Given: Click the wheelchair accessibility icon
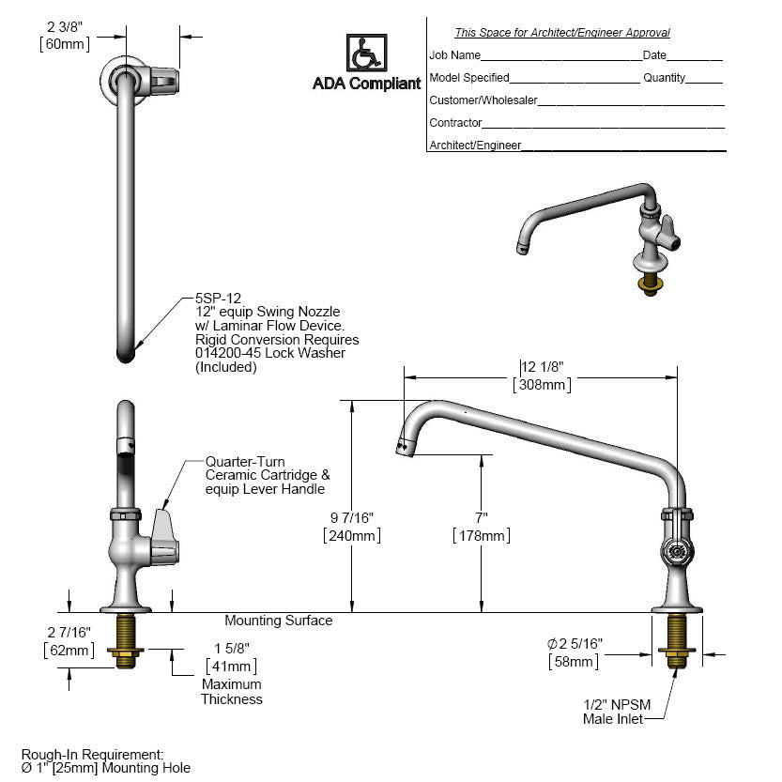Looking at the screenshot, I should pos(365,54).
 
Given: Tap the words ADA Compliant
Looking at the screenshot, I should pos(366,84).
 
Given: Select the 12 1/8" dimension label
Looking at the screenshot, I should pos(543,366).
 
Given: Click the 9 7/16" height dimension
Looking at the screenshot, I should pos(351,517).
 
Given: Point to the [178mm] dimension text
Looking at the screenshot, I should pos(482,536).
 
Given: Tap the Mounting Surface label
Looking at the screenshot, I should pos(278,621).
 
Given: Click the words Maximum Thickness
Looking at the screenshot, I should pos(231,692).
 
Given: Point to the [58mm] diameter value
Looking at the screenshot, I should pos(575,662).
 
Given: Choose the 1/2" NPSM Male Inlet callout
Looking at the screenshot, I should pos(614,712).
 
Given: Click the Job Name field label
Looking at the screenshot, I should pos(454,55).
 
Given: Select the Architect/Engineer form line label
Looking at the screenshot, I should pos(475,146).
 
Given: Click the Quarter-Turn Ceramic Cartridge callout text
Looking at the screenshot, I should pos(267,475).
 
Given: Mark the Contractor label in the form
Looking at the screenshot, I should pos(455,123).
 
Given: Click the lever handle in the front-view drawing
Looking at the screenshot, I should pos(164,537).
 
